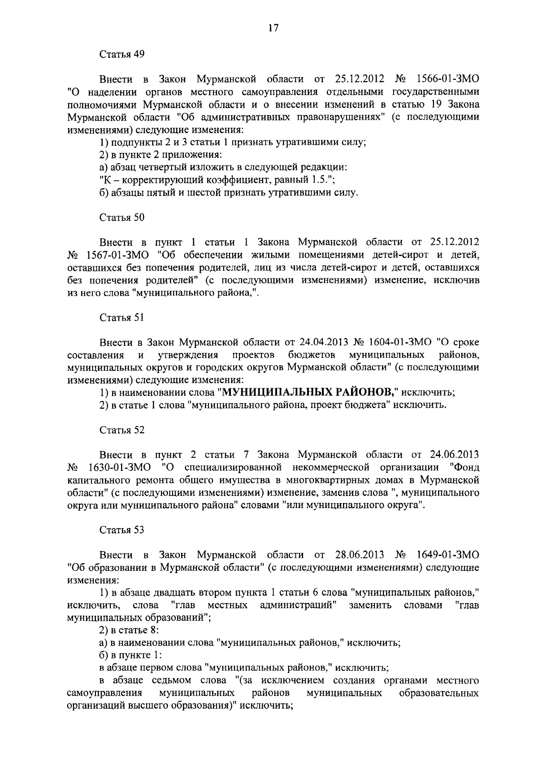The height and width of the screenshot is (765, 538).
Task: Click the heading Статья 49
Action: pos(121,55)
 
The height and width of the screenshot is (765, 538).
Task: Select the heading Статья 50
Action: pos(121,217)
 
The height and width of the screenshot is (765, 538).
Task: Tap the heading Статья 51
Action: pos(121,318)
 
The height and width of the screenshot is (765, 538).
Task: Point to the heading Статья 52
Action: pos(121,430)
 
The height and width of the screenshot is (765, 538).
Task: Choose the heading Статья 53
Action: pos(121,530)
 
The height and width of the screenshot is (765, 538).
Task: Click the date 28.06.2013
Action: pos(360,555)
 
